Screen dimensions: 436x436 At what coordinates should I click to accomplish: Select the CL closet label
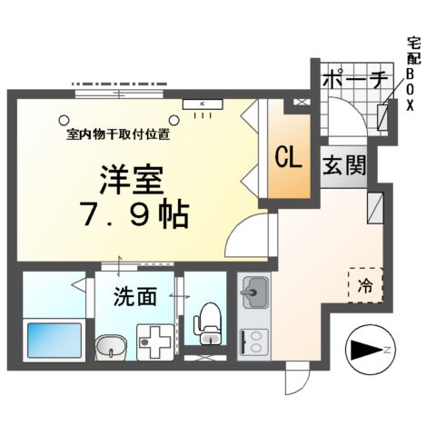[x=289, y=156]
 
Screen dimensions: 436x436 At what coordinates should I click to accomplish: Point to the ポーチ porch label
[x=355, y=79]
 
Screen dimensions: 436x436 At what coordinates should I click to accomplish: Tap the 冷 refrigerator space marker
[x=364, y=285]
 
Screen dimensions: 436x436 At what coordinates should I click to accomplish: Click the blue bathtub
[x=52, y=341]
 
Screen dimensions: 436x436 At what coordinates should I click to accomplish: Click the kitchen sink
[x=253, y=296]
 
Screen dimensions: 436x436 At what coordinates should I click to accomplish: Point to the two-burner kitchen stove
[x=253, y=342]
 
